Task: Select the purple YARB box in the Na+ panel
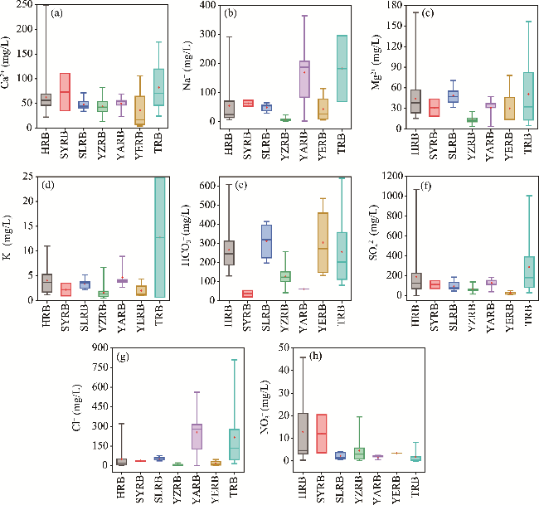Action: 282,80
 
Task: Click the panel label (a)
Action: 59,14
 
